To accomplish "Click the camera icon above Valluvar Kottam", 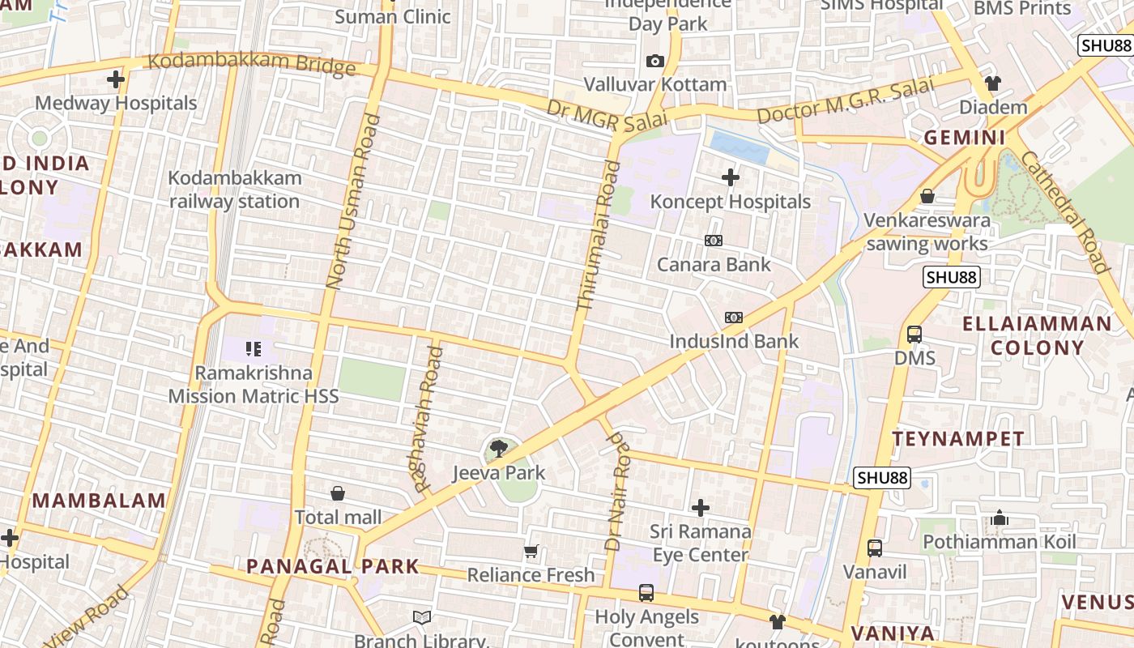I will pos(655,62).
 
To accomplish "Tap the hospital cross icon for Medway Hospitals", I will pos(116,79).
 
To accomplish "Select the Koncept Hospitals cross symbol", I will pos(731,177).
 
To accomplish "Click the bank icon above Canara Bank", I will pos(714,241).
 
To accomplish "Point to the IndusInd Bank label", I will pos(734,341).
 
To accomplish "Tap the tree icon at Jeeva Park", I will pos(499,448).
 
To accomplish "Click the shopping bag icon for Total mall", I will pos(338,493).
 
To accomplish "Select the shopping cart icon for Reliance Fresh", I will pos(531,552).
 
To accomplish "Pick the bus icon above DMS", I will pos(914,334).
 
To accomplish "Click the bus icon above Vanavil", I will pos(875,548).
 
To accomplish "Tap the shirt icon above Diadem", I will pos(993,83).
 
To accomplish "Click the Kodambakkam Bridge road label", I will pos(251,64).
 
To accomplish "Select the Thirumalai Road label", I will pos(598,235).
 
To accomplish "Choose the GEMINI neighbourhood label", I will pos(965,138).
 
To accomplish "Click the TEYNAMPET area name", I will pos(958,439).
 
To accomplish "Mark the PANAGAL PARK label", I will pos(333,566).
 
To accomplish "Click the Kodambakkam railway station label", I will pos(234,190).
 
